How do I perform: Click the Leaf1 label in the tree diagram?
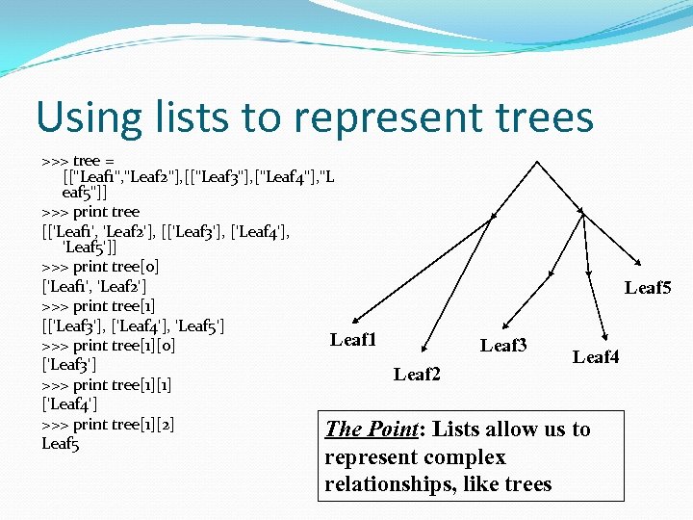point(353,339)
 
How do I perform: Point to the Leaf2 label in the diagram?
point(417,374)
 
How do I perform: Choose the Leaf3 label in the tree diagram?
point(503,344)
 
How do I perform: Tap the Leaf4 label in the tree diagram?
point(596,357)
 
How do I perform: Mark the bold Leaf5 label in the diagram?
point(648,287)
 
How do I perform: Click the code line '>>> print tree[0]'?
point(101,267)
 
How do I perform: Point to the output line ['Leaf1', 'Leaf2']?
point(94,286)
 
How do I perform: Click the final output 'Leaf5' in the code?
point(60,443)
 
